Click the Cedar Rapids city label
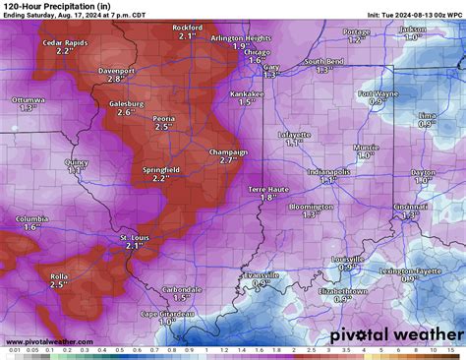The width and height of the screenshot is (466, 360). pos(66,42)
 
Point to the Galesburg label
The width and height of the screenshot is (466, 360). pos(126,103)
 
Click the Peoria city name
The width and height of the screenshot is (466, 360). pos(164,118)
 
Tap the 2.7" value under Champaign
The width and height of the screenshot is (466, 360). pos(229,160)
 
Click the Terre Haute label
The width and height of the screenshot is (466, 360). pos(268,188)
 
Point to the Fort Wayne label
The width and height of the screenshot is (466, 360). pos(378,93)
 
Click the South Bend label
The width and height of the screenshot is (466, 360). pos(322,62)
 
